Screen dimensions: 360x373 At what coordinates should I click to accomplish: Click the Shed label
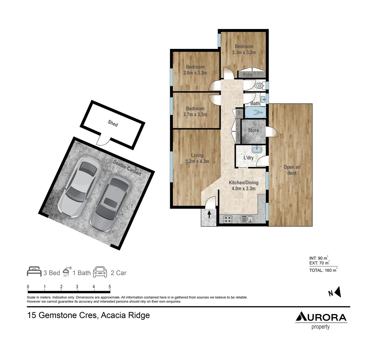pos(113,123)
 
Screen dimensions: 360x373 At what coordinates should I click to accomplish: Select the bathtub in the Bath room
pos(255,113)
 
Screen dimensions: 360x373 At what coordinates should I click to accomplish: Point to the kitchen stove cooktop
pos(228,219)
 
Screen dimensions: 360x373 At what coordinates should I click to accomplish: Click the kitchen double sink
pos(247,219)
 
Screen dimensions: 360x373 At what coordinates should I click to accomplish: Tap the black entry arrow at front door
pos(209,214)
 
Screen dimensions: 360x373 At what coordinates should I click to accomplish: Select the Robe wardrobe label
pos(247,75)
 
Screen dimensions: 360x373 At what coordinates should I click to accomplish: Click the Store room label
pos(253,130)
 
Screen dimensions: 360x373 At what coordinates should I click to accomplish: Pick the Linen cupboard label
pos(238,136)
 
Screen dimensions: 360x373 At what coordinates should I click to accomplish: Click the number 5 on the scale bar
pos(110,287)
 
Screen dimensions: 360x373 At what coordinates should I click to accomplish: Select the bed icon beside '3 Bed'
pos(34,272)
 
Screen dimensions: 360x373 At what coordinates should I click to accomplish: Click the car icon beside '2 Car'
pos(100,272)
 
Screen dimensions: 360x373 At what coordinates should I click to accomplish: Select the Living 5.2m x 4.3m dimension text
pos(197,159)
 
